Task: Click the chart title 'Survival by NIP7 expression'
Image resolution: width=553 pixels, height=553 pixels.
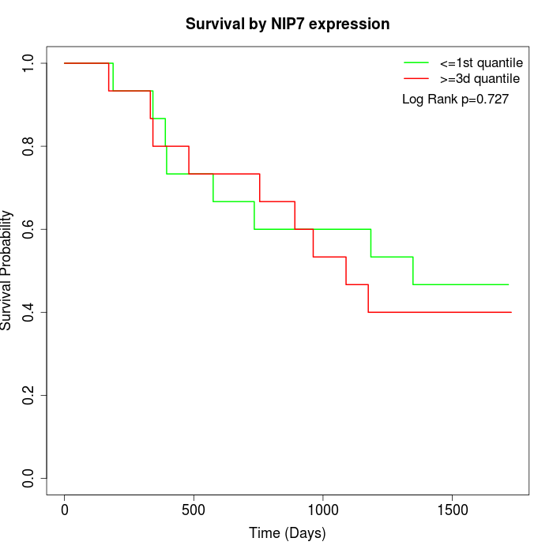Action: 288,24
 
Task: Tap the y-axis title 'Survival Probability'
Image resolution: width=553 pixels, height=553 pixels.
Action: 8,270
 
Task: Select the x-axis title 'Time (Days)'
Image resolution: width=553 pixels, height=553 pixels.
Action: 288,533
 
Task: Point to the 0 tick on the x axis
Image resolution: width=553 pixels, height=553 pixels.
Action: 65,510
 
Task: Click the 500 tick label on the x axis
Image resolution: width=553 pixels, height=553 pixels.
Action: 194,510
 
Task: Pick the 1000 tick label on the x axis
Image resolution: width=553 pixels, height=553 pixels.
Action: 322,510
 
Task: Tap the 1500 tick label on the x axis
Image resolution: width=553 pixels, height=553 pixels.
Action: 452,510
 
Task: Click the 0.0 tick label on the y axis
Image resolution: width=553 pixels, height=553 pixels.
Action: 29,478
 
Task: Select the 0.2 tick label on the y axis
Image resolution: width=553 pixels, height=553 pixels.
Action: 29,395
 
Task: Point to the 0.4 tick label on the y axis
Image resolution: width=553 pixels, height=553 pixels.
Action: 29,312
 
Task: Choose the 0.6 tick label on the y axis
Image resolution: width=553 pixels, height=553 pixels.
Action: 29,229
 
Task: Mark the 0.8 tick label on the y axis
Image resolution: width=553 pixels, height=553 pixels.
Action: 29,146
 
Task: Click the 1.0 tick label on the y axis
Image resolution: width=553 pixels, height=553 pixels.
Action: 29,63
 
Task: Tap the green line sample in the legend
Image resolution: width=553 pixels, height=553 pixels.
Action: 416,62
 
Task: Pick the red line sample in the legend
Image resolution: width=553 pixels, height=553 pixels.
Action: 416,78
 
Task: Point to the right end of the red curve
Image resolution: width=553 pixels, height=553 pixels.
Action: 511,312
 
